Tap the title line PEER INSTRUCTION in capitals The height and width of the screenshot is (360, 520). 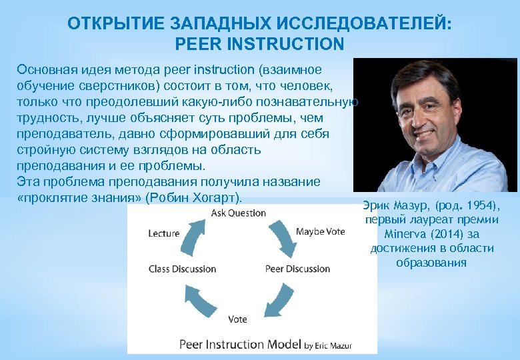[259, 45]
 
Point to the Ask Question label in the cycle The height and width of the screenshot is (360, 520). [238, 213]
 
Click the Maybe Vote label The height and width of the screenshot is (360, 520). [320, 231]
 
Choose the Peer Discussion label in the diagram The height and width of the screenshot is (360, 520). [297, 269]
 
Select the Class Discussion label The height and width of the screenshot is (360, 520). [182, 269]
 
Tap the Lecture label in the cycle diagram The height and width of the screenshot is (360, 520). [164, 233]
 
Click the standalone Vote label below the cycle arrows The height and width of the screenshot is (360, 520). [237, 319]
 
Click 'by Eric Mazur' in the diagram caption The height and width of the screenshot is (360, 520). [328, 345]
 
